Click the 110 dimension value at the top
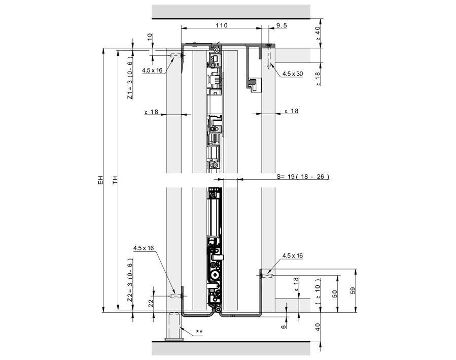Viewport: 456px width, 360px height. point(221,24)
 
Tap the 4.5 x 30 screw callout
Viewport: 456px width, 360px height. point(293,74)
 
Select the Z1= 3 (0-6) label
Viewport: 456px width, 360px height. point(130,80)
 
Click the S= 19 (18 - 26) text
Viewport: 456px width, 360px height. point(303,177)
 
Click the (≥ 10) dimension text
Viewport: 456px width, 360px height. point(318,291)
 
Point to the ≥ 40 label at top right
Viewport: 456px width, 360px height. point(318,34)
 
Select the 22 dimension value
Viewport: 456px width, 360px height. point(151,303)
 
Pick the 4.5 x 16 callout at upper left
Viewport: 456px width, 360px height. point(152,71)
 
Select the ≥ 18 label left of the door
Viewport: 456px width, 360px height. point(151,111)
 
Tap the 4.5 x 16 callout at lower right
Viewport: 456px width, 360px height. point(292,255)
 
